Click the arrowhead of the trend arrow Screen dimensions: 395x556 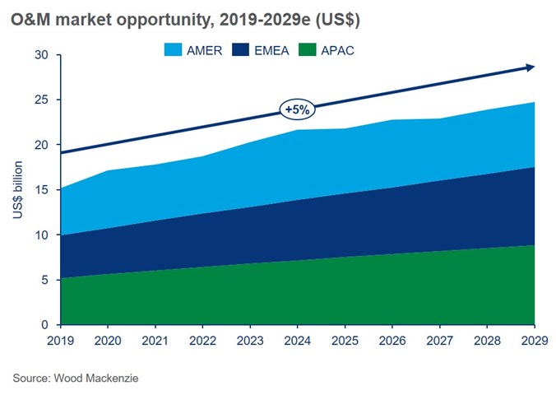[531, 67]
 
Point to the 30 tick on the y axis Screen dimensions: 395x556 [41, 55]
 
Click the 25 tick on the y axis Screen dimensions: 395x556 [41, 100]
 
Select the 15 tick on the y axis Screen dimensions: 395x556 [41, 190]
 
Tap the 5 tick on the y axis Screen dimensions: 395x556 [44, 280]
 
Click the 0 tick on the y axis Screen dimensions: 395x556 [44, 325]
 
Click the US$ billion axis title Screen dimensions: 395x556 [17, 190]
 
